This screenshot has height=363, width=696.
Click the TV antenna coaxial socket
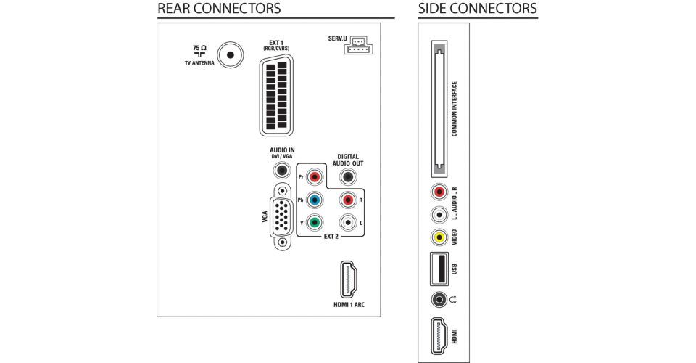pyautogui.click(x=231, y=55)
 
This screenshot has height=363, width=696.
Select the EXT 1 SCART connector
pyautogui.click(x=276, y=95)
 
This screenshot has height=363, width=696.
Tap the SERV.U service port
pyautogui.click(x=358, y=45)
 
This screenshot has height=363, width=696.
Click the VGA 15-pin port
pyautogui.click(x=281, y=216)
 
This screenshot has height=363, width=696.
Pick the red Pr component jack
pyautogui.click(x=315, y=177)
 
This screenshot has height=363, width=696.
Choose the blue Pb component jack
pyautogui.click(x=315, y=200)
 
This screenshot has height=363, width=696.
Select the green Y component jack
pyautogui.click(x=315, y=222)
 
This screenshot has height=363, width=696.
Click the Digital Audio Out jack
pyautogui.click(x=348, y=177)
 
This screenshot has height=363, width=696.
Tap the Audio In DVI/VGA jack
pyautogui.click(x=281, y=170)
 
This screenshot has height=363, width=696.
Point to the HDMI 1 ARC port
pyautogui.click(x=349, y=280)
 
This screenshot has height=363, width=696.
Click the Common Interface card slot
pyautogui.click(x=439, y=110)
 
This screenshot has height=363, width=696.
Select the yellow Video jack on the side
pyautogui.click(x=439, y=237)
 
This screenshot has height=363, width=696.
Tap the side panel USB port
pyautogui.click(x=439, y=269)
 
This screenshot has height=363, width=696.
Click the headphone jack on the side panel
pyautogui.click(x=439, y=299)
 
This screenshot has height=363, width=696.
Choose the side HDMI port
pyautogui.click(x=439, y=336)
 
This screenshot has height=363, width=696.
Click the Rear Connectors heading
pyautogui.click(x=219, y=9)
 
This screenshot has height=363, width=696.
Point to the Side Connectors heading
pyautogui.click(x=478, y=9)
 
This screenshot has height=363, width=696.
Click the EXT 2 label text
pyautogui.click(x=331, y=237)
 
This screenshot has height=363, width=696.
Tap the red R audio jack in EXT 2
pyautogui.click(x=348, y=200)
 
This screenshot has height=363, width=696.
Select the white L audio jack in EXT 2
pyautogui.click(x=348, y=222)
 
